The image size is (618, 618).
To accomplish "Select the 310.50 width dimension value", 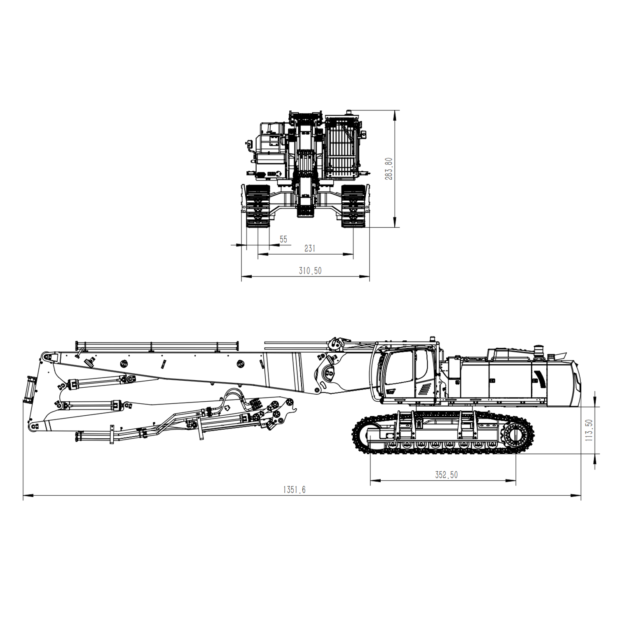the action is (310, 271).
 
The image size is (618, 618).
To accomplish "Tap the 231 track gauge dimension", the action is (310, 248).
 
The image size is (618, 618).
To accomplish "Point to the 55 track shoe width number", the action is (283, 239).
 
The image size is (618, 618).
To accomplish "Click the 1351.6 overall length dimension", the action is (294, 489).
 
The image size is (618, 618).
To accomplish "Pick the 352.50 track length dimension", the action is (446, 475).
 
